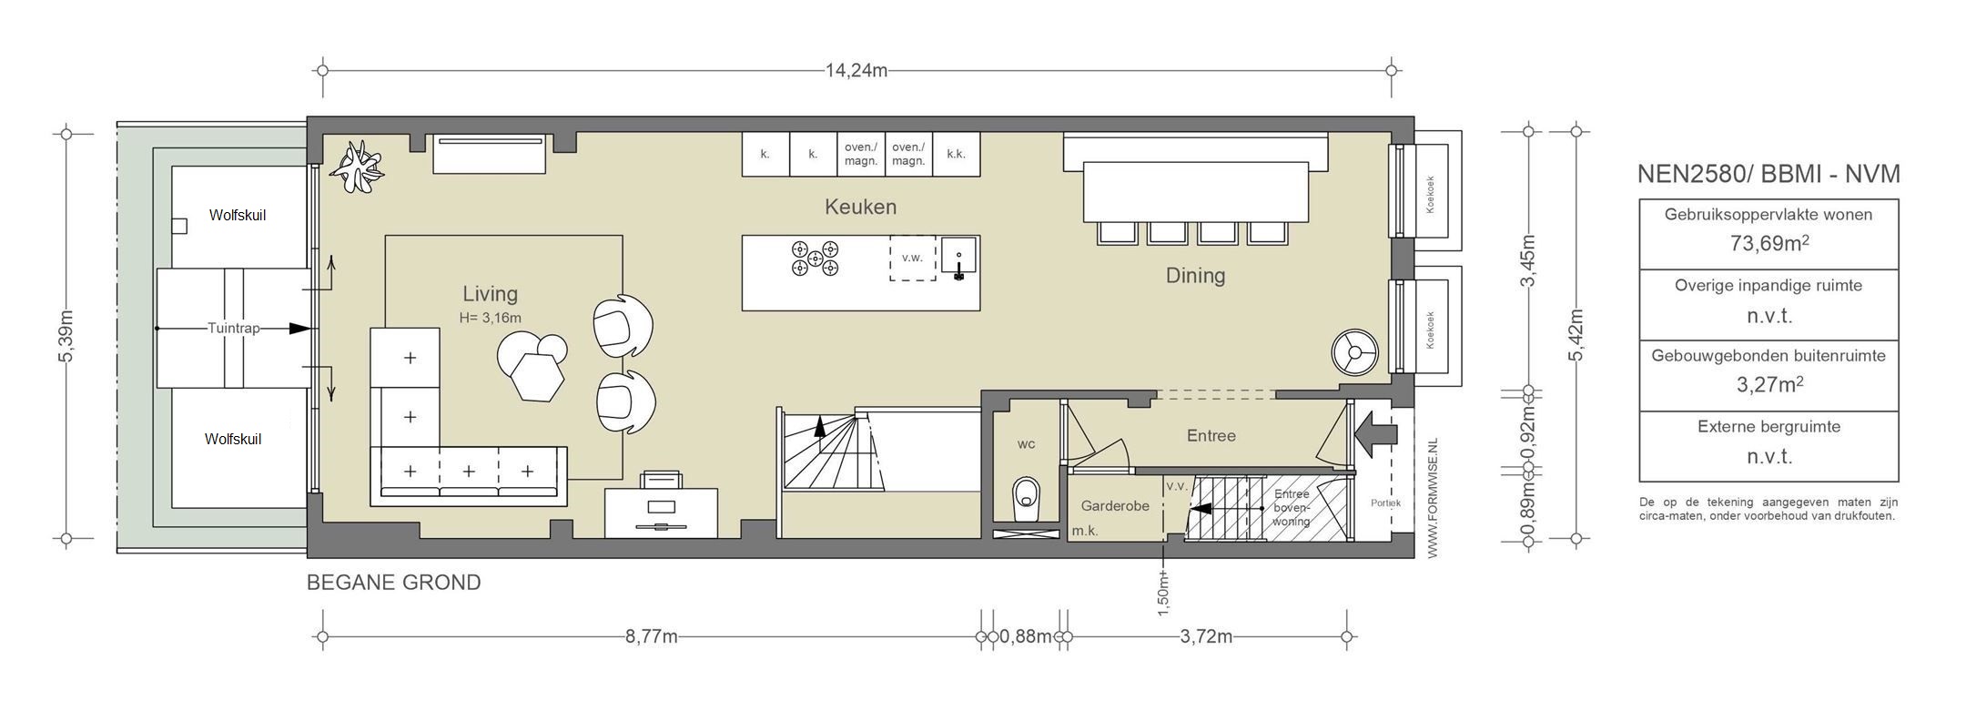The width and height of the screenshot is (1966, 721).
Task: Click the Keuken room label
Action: (860, 207)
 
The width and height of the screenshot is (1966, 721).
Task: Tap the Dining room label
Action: (1195, 275)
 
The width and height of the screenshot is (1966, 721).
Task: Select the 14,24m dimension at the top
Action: (856, 70)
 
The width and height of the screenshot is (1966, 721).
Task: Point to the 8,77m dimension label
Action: (651, 636)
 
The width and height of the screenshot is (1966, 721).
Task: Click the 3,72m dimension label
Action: (1206, 636)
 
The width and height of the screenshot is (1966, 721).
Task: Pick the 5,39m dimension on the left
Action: (66, 337)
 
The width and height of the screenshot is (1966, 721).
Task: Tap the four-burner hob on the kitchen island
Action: (814, 258)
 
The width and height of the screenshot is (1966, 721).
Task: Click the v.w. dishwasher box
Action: (912, 258)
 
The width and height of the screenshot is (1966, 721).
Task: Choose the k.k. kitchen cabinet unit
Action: (956, 155)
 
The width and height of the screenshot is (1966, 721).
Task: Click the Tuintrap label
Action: (234, 328)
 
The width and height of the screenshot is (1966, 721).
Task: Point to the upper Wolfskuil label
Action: (238, 216)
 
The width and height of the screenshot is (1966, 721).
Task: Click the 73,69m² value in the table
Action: (1768, 244)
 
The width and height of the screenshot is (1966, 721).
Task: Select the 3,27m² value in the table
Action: (1768, 385)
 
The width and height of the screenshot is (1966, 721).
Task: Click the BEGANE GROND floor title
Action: (393, 583)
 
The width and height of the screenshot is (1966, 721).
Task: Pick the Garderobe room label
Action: (1115, 506)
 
